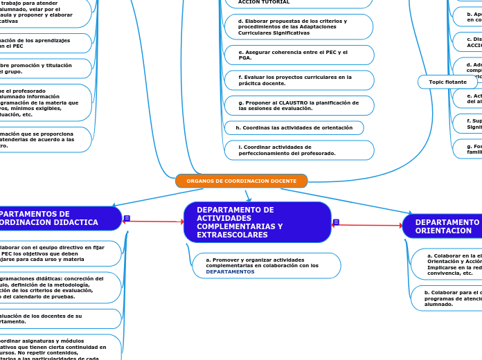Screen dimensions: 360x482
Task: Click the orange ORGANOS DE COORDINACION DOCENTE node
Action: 241,181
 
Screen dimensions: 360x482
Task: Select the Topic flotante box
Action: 447,82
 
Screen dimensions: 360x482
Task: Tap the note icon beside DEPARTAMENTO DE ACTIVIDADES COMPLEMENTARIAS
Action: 336,222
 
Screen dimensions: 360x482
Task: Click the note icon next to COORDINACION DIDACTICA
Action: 127,218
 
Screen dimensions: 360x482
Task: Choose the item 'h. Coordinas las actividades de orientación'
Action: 294,127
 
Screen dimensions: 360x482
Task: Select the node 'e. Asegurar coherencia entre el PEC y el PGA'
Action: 298,55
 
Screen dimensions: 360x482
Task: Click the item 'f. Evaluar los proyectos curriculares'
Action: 298,80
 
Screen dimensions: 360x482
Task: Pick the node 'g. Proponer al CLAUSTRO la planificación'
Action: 298,105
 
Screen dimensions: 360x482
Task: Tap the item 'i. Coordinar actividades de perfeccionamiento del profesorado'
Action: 298,150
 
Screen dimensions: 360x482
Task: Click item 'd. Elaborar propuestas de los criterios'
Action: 298,26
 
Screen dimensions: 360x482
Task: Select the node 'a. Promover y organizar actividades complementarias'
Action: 267,265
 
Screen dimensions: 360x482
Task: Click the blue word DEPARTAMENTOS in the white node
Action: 230,272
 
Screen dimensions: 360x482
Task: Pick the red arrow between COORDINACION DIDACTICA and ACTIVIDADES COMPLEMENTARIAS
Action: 154,222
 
